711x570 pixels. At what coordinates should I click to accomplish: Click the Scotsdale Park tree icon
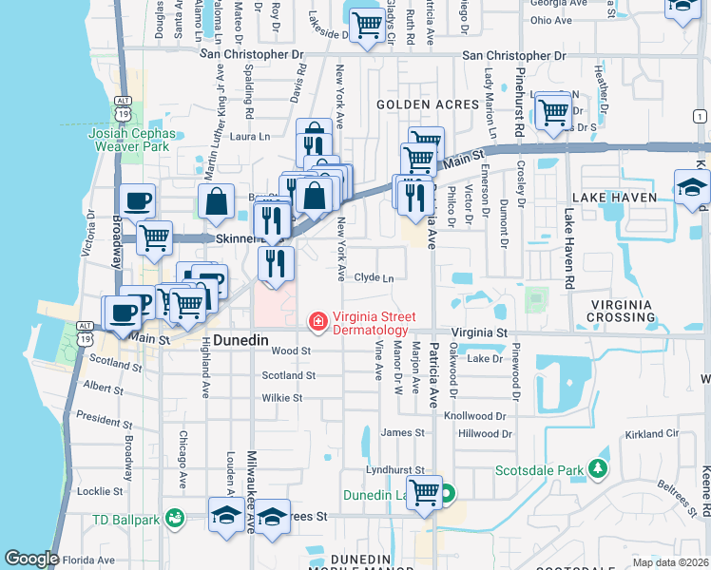tap(597, 469)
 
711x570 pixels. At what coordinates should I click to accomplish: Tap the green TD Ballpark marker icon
tap(173, 519)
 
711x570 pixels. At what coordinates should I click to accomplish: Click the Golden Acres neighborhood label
tap(417, 104)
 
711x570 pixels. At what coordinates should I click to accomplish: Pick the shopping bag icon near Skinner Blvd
tap(217, 200)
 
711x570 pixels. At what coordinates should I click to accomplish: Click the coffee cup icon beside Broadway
tap(138, 200)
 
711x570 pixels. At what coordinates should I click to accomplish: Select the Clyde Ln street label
tap(374, 277)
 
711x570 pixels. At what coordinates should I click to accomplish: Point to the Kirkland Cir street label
tap(652, 433)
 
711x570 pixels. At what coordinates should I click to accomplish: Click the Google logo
tap(31, 559)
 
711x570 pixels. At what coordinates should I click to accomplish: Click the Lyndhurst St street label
tap(394, 470)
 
